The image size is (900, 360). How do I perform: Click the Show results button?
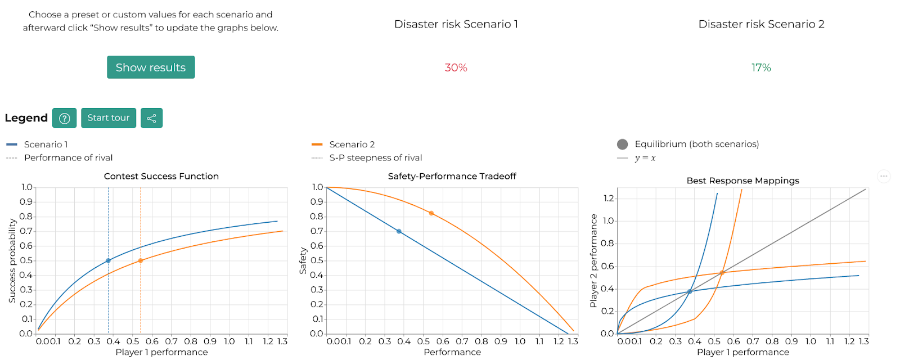pos(151,67)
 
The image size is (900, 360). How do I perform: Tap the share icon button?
pos(151,118)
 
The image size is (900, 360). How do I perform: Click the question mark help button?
pos(65,118)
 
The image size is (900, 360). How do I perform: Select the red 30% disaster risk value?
pos(456,67)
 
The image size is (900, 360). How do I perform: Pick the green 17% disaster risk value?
pos(761,67)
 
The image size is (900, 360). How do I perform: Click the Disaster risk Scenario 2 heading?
pos(761,24)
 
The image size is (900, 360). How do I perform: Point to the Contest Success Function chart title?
pos(161,176)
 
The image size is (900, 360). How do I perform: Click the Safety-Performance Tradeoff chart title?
pos(452,176)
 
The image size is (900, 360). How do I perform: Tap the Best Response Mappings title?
pos(742,181)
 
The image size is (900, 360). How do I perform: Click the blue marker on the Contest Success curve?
pos(109,260)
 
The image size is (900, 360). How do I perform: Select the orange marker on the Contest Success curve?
pos(141,260)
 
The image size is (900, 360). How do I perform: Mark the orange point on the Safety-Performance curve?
pos(431,213)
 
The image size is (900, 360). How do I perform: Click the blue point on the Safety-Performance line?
pos(399,231)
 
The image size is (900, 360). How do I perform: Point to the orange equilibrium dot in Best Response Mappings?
pos(722,273)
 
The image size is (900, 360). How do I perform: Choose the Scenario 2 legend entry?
pos(352,145)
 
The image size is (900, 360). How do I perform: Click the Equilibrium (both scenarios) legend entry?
pos(696,144)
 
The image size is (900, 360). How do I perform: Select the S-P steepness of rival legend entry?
pos(375,158)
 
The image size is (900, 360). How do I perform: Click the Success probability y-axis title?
pos(12,260)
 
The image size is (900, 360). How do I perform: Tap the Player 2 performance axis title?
pos(593,260)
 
